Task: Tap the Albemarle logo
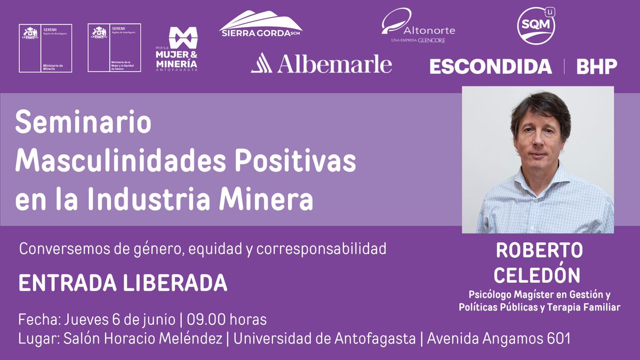pos(321,64)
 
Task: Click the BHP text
pos(597,66)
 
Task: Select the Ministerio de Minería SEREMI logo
pos(45,47)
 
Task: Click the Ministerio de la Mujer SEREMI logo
pos(114,47)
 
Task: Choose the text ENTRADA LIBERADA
pos(123,283)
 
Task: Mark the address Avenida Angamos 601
pos(499,338)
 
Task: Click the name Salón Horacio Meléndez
pos(144,338)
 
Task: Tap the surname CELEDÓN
pos(538,275)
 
